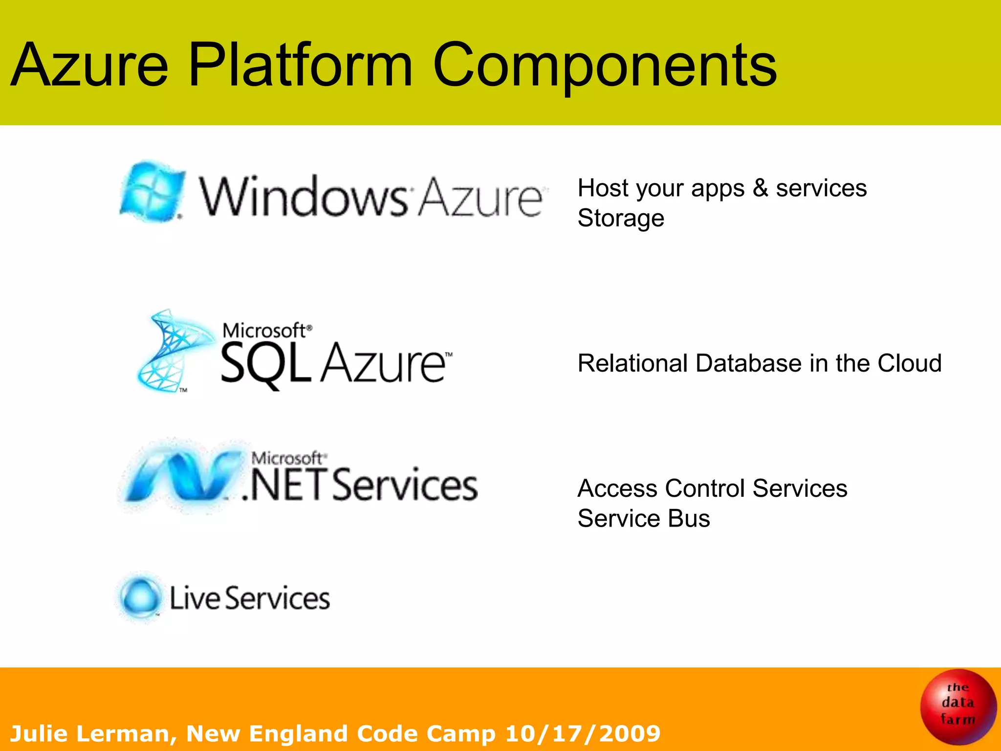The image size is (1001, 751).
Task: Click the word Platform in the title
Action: point(300,66)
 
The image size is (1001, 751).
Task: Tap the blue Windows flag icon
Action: point(152,193)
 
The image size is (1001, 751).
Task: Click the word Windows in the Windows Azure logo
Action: point(303,197)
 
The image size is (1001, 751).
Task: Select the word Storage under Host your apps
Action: point(621,218)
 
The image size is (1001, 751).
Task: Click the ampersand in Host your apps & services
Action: point(760,188)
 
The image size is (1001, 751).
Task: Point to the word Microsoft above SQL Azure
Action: point(264,331)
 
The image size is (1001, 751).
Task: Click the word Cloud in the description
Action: point(909,363)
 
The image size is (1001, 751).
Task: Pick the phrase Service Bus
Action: point(643,518)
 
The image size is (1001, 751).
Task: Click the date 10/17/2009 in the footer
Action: point(583,733)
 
